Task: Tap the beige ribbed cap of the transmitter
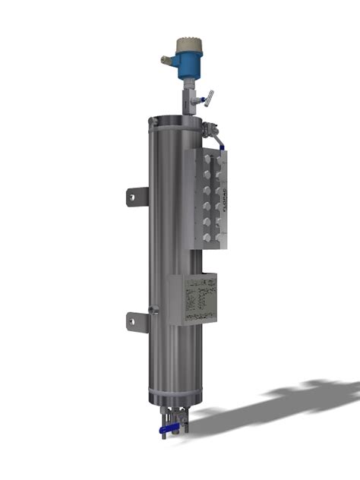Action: (187, 44)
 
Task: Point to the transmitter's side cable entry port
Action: (166, 58)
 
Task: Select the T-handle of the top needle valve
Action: (210, 96)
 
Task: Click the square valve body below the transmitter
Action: (192, 97)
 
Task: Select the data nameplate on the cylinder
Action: (194, 298)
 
